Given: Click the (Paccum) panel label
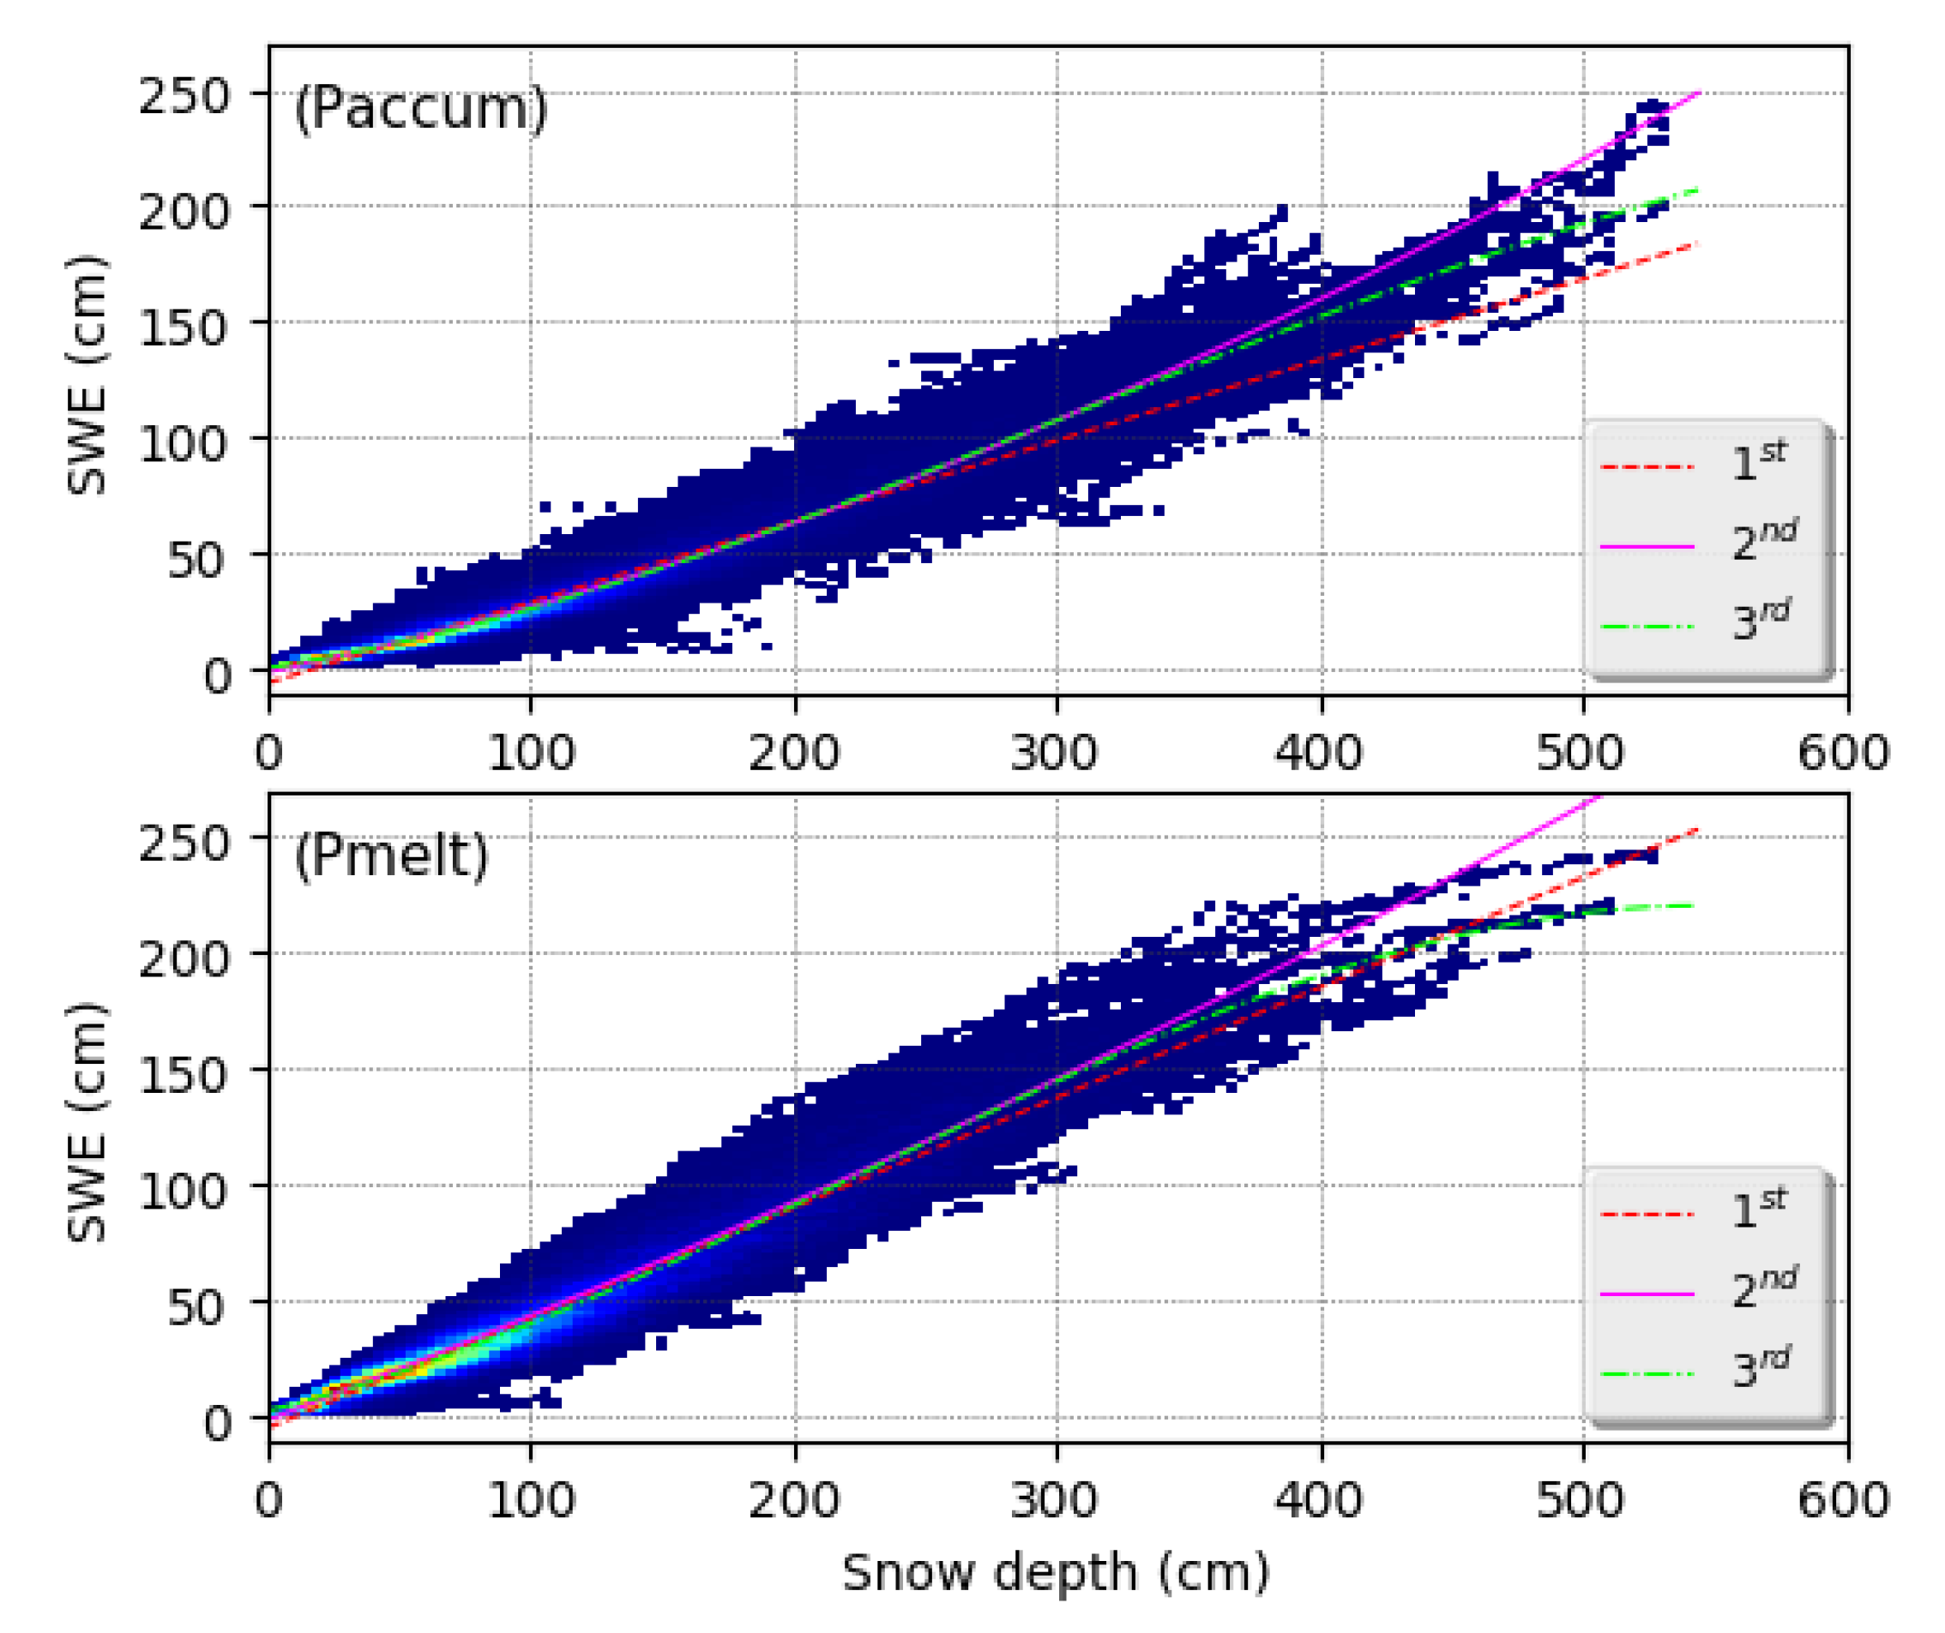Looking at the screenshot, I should click(x=420, y=109).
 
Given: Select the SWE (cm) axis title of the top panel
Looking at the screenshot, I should click(x=88, y=375).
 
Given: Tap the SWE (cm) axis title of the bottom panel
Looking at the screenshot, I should click(x=88, y=1121).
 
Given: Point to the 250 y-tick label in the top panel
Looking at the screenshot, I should click(x=184, y=95).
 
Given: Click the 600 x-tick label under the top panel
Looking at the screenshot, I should click(x=1843, y=753).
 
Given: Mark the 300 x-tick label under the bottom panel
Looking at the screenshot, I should click(x=1055, y=1499).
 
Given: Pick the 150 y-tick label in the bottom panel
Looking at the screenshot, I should click(x=184, y=1074).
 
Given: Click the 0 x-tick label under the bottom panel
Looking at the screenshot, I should click(x=269, y=1499).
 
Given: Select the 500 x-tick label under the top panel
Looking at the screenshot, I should click(x=1581, y=753).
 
